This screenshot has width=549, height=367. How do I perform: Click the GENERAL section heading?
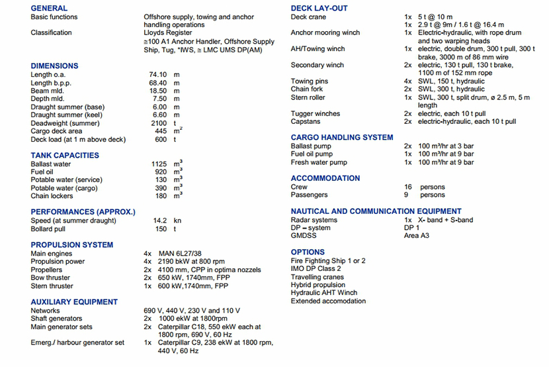coord(49,8)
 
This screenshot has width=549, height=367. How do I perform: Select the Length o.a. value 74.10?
coord(157,74)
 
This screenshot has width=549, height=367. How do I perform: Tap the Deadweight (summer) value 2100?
coord(159,123)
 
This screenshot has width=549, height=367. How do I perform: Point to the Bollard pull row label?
coord(51,229)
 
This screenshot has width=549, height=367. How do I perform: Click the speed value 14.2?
coord(159,221)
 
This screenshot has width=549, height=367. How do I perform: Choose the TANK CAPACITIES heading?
coord(65,155)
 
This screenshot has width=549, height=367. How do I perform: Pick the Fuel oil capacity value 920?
coord(161,172)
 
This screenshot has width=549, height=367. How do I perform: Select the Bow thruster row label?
coord(50,278)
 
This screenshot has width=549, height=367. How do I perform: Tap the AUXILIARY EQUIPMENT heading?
coord(74,302)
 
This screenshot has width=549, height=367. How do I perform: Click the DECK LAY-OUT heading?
coord(319,8)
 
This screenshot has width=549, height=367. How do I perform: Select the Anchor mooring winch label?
coord(325,32)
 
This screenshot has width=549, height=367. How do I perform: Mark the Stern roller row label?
coord(308,97)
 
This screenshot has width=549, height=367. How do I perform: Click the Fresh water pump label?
coord(319,162)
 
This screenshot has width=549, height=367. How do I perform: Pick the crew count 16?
coord(408,187)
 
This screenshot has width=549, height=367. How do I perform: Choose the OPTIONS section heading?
coord(308,252)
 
